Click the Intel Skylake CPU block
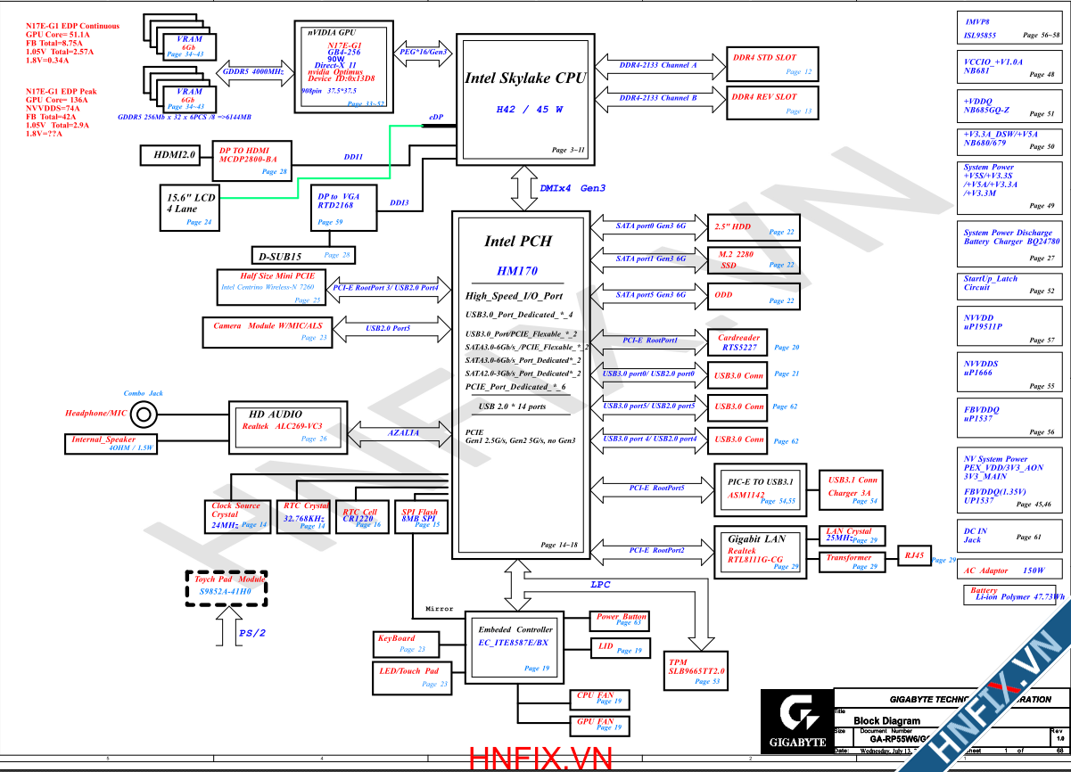[523, 98]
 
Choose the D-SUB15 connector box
[303, 256]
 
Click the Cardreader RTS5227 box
[739, 343]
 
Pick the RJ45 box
[914, 555]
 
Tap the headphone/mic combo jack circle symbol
[144, 414]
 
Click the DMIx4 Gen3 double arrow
[523, 188]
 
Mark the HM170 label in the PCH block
[517, 270]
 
